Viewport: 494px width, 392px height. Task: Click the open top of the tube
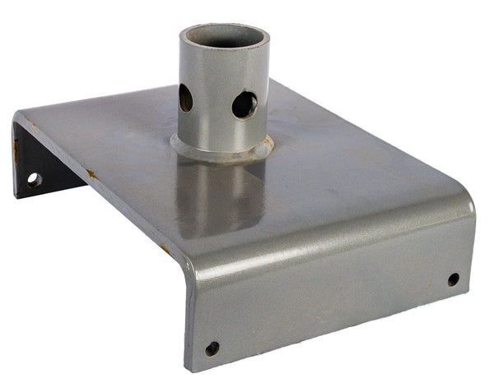click(x=224, y=38)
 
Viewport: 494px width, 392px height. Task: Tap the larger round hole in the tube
click(x=244, y=104)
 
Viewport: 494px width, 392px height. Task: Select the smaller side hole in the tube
click(x=186, y=99)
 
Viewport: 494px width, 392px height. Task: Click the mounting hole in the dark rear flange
click(x=34, y=178)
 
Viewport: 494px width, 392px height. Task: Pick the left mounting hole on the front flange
click(x=212, y=348)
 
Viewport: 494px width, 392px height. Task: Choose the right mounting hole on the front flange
click(x=454, y=279)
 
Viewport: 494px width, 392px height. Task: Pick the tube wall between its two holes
click(x=212, y=103)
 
